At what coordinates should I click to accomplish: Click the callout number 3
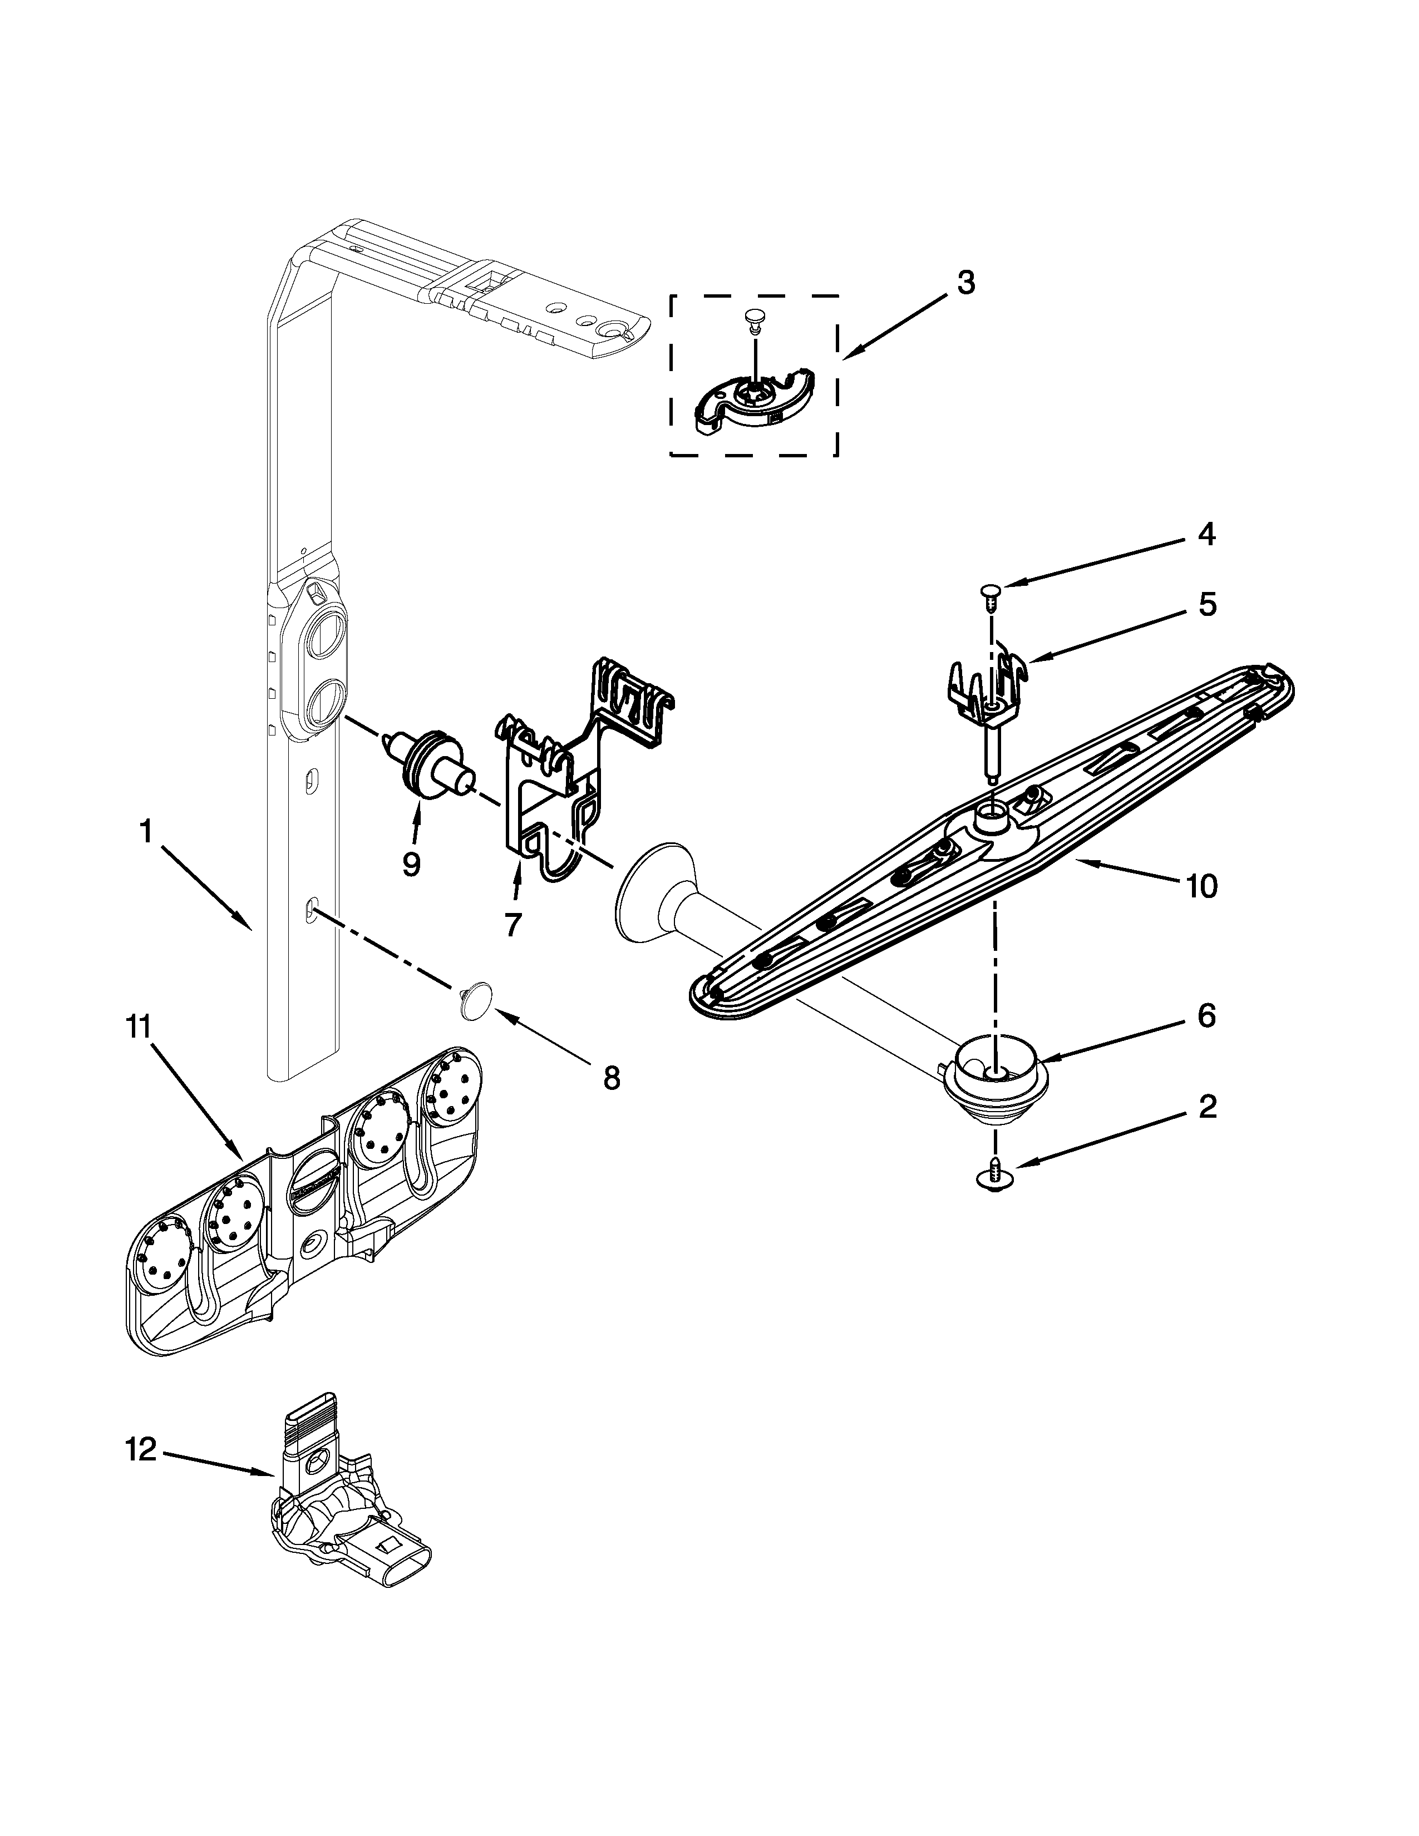pos(966,283)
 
